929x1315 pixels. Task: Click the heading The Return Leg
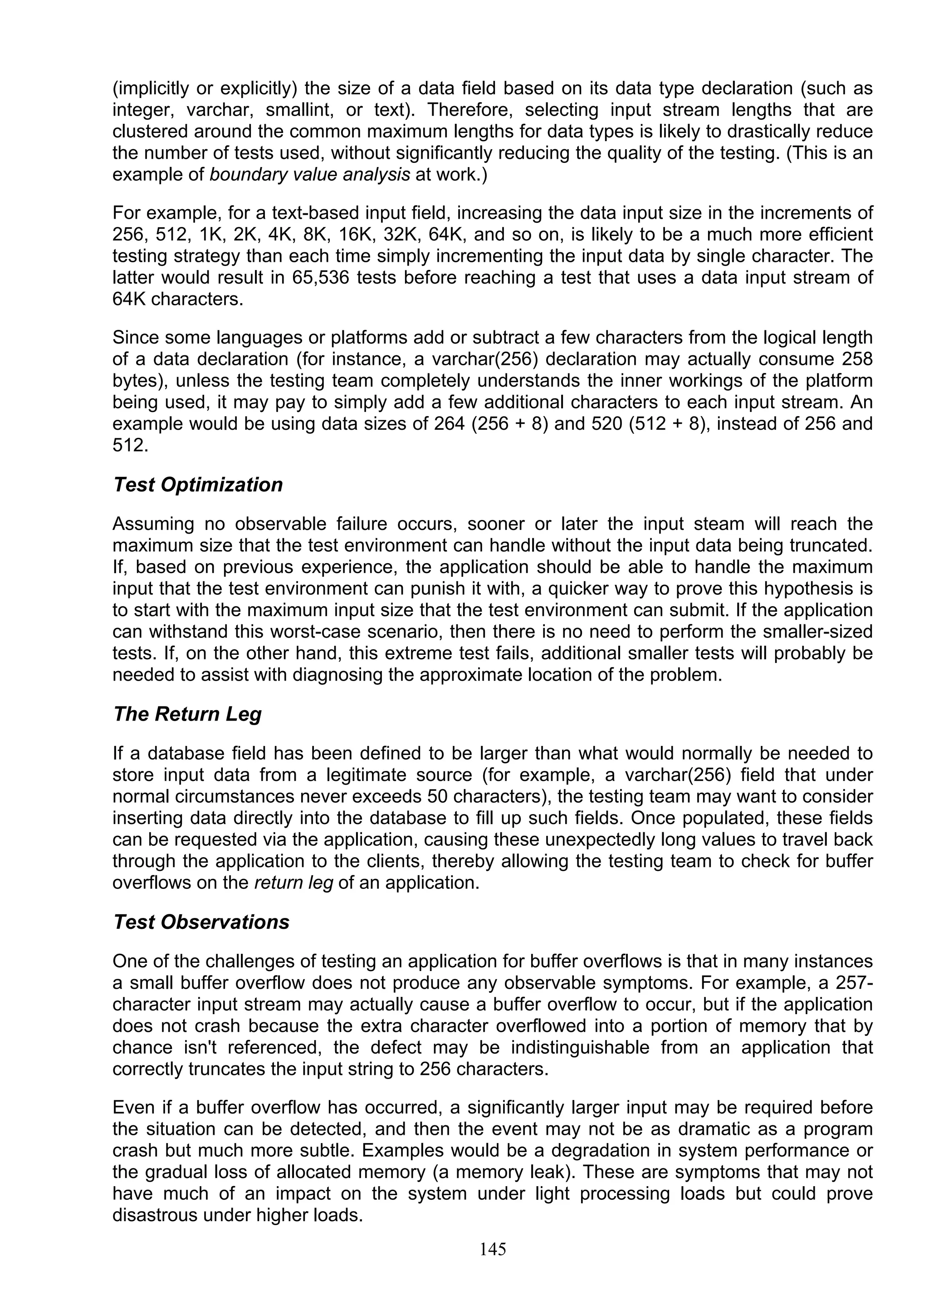[187, 714]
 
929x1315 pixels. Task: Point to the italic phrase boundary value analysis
[310, 175]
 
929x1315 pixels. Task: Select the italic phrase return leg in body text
[293, 883]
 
